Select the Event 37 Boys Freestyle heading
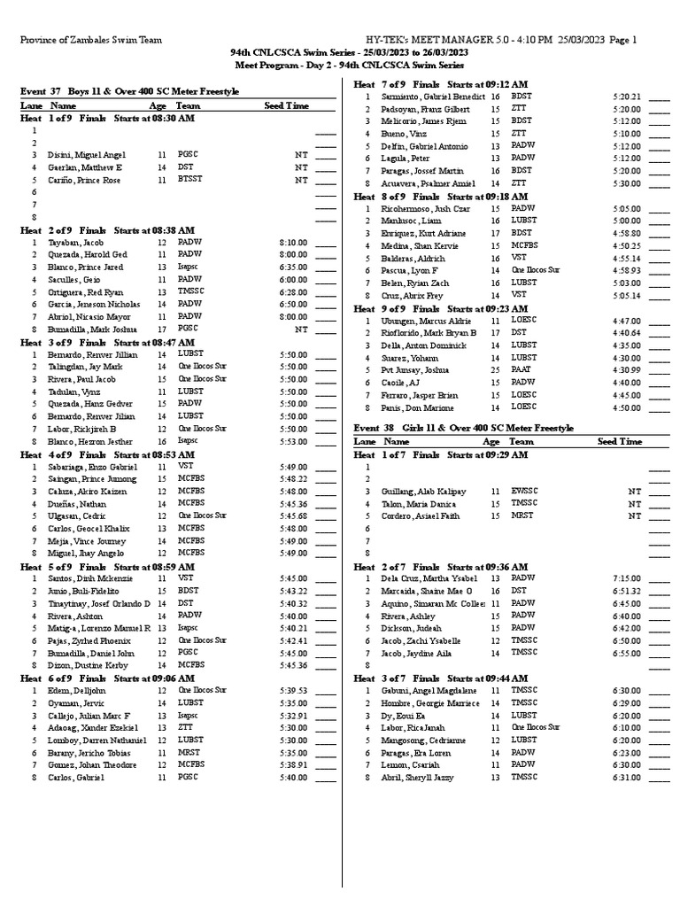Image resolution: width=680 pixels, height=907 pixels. point(129,92)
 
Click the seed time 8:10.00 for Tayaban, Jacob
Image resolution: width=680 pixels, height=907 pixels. point(293,241)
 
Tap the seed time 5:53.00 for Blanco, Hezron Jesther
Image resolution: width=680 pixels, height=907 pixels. point(293,440)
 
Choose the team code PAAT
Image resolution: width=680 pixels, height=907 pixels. point(522,370)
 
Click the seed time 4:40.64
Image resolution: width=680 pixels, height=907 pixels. point(626,333)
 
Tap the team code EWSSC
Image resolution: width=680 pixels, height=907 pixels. point(525,490)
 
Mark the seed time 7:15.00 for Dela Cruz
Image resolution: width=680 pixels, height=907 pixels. point(626,578)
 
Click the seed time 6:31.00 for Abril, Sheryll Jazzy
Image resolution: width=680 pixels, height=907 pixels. point(626,778)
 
